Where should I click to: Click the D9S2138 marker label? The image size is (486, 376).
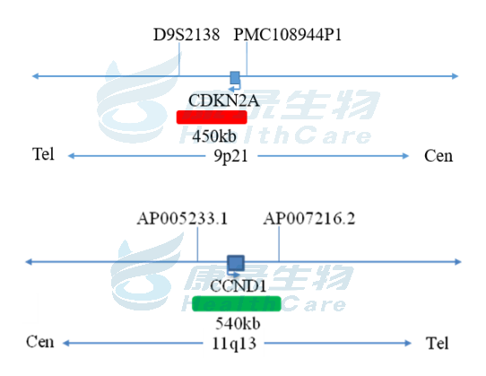tap(187, 34)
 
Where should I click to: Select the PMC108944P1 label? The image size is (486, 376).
tap(287, 34)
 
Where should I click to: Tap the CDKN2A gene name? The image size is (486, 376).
tap(223, 101)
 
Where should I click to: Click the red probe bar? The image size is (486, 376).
tap(212, 118)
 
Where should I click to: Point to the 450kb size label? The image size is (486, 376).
tap(214, 136)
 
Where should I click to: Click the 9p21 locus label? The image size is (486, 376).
tap(231, 156)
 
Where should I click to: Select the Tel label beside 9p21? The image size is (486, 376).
tap(43, 153)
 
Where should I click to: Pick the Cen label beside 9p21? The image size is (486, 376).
tap(438, 156)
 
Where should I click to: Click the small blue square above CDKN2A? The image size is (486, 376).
tap(235, 77)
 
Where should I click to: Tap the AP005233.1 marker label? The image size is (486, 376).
tap(182, 218)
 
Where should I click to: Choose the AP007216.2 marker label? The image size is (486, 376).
tap(309, 218)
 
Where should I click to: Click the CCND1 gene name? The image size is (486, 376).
tap(238, 285)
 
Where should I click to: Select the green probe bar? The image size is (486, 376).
tap(237, 303)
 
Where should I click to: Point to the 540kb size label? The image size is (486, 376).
tap(238, 324)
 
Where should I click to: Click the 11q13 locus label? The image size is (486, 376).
tap(234, 344)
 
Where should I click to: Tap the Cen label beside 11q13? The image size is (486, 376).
tap(40, 342)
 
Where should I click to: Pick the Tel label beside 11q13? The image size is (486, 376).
tap(437, 343)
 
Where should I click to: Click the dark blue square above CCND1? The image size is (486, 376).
tap(236, 263)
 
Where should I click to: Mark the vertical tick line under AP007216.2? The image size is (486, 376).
tap(279, 244)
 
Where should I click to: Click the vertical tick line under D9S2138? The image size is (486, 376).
tap(179, 59)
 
